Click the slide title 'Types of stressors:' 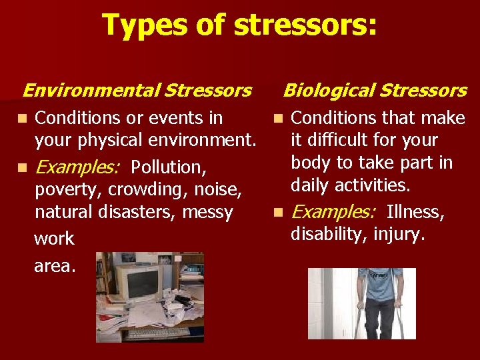point(239,25)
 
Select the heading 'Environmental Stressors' point(137,90)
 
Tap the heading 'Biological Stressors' point(375,90)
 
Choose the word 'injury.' point(398,235)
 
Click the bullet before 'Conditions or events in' point(23,119)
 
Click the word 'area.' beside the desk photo point(55,266)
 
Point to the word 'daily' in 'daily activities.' point(312,185)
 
